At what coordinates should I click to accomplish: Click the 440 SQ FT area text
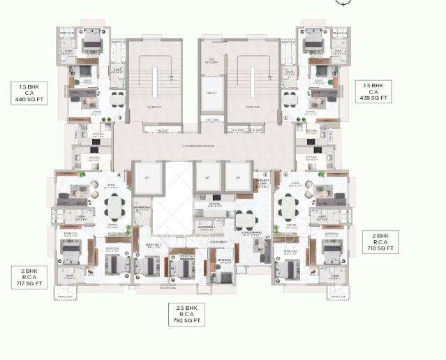pyautogui.click(x=27, y=99)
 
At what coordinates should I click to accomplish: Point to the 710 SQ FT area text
pyautogui.click(x=380, y=248)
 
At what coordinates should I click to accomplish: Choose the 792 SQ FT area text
pyautogui.click(x=187, y=322)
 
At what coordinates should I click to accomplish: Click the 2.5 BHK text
pyautogui.click(x=187, y=306)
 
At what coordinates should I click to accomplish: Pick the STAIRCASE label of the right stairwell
pyautogui.click(x=253, y=107)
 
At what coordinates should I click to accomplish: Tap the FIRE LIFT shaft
pyautogui.click(x=210, y=92)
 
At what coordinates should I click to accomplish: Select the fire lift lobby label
pyautogui.click(x=210, y=61)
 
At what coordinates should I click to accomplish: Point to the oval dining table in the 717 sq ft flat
pyautogui.click(x=114, y=206)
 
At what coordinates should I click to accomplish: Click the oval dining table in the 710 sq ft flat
pyautogui.click(x=289, y=207)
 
